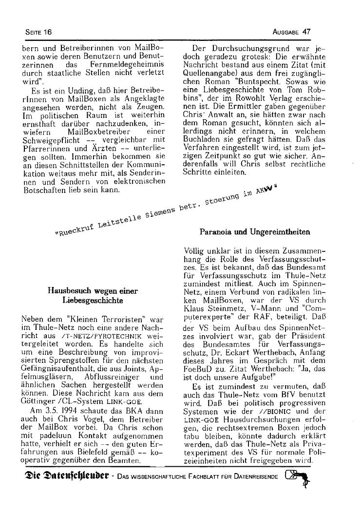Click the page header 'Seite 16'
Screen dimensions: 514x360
(x=38, y=32)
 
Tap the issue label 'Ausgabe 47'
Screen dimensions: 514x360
(x=292, y=32)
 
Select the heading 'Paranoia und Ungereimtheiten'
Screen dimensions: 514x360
(x=255, y=232)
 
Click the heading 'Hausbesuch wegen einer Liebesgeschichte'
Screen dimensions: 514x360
(x=93, y=296)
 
